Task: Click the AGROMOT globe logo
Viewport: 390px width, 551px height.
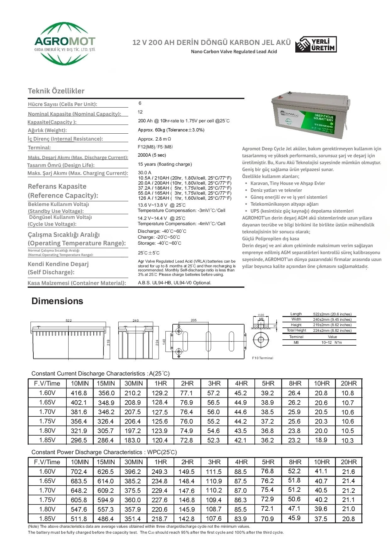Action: click(x=65, y=43)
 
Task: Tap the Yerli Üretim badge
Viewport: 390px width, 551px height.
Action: click(x=316, y=44)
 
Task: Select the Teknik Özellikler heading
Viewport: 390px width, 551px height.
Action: click(x=56, y=91)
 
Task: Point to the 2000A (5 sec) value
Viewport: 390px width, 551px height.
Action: click(x=152, y=155)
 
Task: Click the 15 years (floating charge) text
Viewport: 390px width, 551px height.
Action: click(x=165, y=164)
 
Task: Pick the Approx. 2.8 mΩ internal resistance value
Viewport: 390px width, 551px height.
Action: click(x=154, y=139)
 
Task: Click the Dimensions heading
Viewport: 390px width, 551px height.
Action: click(x=57, y=301)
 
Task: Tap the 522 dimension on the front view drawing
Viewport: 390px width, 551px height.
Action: click(x=69, y=320)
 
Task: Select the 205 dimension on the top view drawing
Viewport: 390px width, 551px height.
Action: click(x=194, y=320)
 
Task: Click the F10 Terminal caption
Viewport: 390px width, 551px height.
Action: click(x=263, y=358)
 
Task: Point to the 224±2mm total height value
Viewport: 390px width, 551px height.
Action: click(x=332, y=331)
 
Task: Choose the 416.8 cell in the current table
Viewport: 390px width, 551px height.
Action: click(x=79, y=393)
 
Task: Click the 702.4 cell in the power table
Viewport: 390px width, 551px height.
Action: click(x=79, y=472)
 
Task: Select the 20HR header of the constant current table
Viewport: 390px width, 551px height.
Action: click(x=348, y=384)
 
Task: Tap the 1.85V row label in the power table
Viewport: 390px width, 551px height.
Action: click(x=47, y=519)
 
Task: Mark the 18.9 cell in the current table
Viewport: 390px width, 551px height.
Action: click(x=321, y=440)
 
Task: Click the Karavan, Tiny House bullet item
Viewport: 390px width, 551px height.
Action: click(x=287, y=183)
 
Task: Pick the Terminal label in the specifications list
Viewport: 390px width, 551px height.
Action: click(x=39, y=147)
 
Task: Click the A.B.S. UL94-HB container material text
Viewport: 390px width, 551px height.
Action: click(x=175, y=283)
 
